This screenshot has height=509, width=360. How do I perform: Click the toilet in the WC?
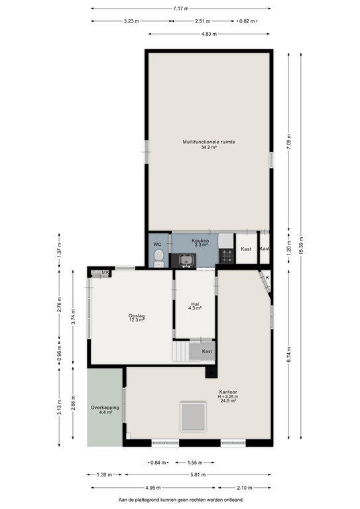pos(158,257)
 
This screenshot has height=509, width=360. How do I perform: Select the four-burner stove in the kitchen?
pos(227,256)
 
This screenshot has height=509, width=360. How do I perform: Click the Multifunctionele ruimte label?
pos(209,142)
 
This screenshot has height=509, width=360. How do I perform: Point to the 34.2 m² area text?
pos(209,147)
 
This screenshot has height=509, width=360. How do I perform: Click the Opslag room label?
pos(137,315)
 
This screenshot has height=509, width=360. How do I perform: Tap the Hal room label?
pos(195,304)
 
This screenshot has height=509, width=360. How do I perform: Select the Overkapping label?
pos(105,408)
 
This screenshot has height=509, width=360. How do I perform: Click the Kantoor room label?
pos(228,392)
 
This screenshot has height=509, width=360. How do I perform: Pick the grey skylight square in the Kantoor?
pos(193,416)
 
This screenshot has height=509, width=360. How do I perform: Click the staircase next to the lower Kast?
pos(180,351)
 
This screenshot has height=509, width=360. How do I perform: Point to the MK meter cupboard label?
pos(105,272)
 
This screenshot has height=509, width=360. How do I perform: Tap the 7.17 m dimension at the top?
pos(181,9)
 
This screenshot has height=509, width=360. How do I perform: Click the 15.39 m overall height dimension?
pos(301,246)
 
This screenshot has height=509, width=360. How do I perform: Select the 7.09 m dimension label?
pos(289,141)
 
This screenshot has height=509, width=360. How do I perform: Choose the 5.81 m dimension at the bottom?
pos(198,475)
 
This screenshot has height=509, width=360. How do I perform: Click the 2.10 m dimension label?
pos(245,488)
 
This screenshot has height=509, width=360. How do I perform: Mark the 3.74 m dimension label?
pos(73,316)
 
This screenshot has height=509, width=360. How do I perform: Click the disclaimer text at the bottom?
pos(181,500)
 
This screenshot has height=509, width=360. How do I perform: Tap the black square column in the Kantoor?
pos(211,371)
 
